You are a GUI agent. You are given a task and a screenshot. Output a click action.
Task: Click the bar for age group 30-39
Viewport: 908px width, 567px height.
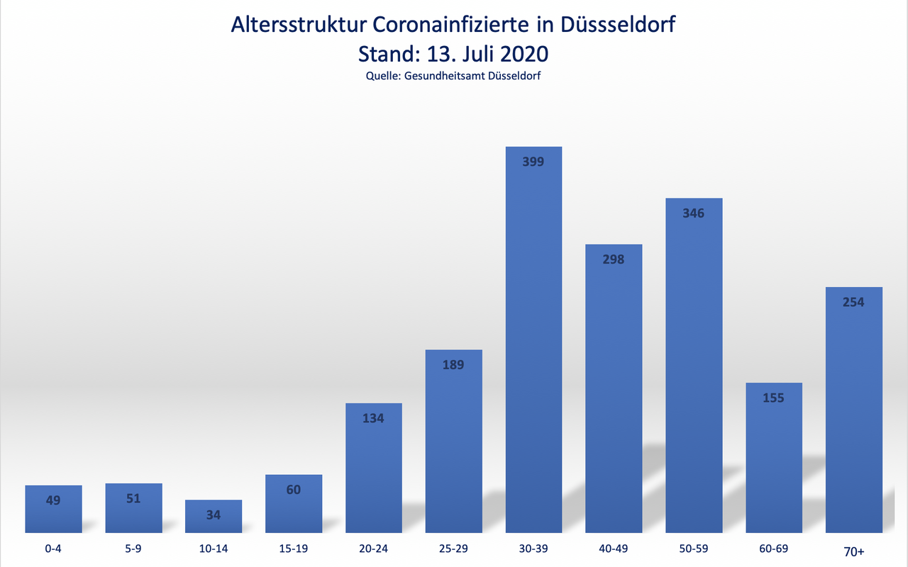coord(533,340)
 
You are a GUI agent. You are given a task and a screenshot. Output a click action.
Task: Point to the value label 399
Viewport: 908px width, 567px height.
coord(533,162)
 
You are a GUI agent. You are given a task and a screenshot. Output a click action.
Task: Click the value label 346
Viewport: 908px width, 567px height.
coord(693,213)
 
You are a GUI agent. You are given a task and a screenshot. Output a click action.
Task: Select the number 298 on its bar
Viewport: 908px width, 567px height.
coord(613,259)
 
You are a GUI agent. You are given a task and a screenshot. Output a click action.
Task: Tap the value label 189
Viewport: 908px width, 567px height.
coord(453,365)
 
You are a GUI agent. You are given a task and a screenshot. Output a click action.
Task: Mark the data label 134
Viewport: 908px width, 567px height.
coord(373,418)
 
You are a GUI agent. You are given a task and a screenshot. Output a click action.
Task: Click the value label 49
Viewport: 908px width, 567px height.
coord(53,500)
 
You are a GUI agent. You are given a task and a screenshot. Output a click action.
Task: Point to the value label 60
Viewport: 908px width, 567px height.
coord(294,490)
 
